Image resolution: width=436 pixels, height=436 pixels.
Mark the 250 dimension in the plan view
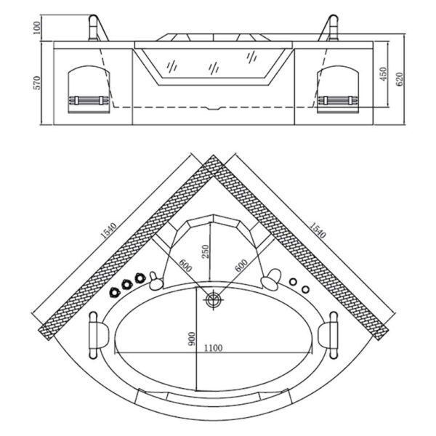(206, 251)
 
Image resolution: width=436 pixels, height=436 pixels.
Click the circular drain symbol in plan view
(213, 299)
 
